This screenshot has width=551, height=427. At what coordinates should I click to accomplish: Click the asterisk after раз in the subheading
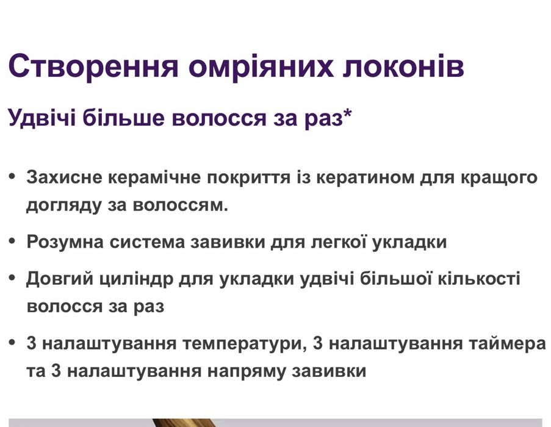click(348, 113)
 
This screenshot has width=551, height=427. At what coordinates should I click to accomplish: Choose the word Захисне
click(64, 178)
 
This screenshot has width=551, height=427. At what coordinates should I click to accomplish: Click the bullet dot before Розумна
click(12, 242)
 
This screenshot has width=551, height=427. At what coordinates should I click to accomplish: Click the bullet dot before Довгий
click(12, 278)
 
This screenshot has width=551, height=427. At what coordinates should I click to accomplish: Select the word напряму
click(262, 371)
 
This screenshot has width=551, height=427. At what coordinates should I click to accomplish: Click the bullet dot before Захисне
click(12, 178)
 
